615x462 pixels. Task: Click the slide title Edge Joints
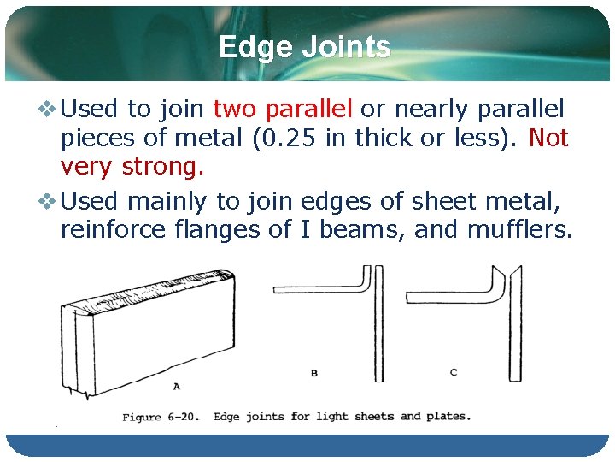coord(304,47)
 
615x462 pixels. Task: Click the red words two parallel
coord(282,110)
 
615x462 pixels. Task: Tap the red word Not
coord(548,138)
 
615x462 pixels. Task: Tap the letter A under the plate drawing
coord(177,386)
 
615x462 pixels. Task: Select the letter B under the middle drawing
coord(313,373)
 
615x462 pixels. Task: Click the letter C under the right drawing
coord(453,372)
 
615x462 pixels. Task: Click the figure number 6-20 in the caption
coord(181,418)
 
